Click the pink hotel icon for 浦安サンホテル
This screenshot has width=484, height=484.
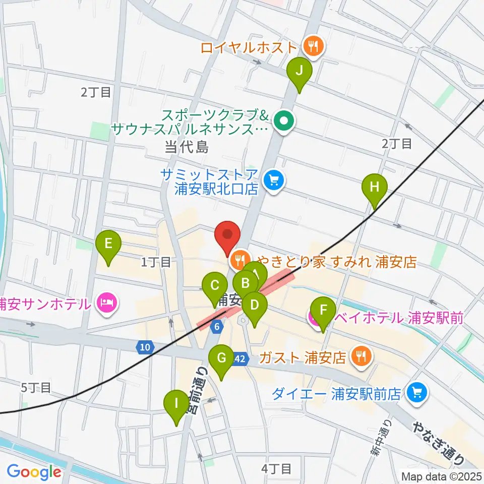click(x=108, y=304)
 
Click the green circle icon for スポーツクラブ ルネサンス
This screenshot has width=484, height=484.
click(x=284, y=122)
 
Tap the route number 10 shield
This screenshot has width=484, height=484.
click(x=145, y=347)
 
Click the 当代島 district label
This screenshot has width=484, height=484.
click(x=186, y=147)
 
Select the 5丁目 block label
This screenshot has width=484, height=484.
click(x=36, y=387)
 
